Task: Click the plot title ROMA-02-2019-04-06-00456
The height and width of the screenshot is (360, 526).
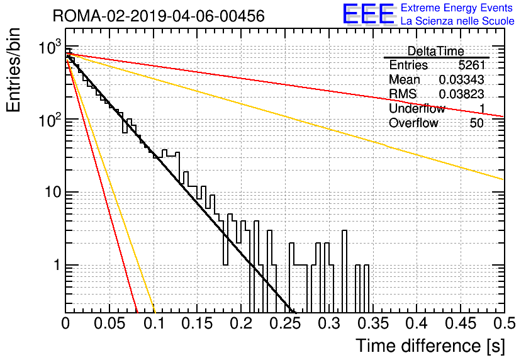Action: tap(159, 16)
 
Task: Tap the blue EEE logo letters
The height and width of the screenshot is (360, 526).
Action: tap(369, 14)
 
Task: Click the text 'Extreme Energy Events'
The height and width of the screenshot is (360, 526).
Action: tap(457, 8)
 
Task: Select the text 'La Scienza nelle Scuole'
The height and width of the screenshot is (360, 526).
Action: tap(457, 21)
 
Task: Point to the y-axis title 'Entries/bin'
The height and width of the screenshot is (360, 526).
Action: tap(13, 70)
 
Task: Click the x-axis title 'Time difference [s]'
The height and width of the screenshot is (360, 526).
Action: tap(430, 346)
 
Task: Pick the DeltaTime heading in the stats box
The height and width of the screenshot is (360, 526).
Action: tap(435, 51)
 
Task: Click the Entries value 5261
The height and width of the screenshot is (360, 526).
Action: tap(472, 65)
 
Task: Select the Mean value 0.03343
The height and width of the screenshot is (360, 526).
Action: tap(462, 79)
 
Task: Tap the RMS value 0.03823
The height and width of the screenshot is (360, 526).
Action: tap(462, 94)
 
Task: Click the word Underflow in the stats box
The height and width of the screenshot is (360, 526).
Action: tap(417, 108)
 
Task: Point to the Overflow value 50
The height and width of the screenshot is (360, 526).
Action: tap(477, 123)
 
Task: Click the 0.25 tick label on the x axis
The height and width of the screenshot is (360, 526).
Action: tap(285, 323)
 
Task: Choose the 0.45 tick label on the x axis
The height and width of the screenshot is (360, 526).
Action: tap(461, 323)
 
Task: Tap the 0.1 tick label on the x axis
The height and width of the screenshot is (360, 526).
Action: tap(154, 323)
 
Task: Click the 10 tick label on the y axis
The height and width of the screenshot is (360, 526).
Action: tap(53, 192)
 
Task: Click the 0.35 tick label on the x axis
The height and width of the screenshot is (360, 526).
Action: tap(372, 323)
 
